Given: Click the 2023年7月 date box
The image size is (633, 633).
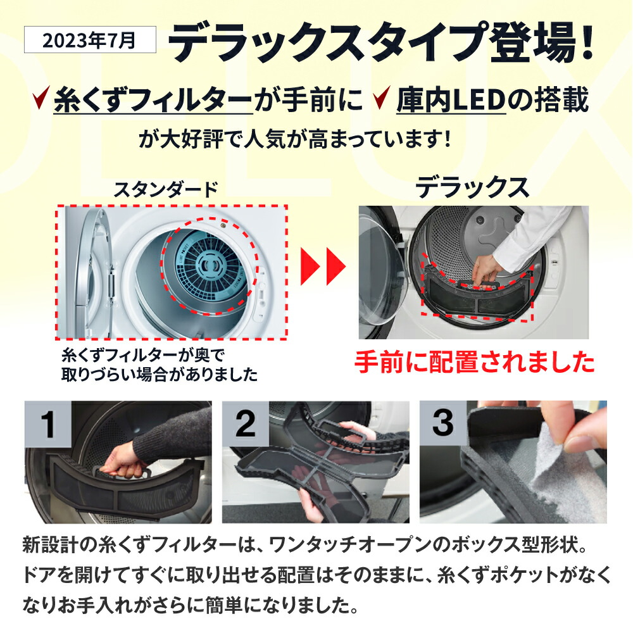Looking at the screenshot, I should (89, 42).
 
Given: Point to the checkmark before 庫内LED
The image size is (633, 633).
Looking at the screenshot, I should (380, 99).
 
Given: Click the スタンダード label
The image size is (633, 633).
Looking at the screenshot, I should (166, 189).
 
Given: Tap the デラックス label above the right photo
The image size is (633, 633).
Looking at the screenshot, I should (472, 188).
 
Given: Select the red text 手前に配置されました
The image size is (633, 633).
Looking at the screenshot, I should (474, 363).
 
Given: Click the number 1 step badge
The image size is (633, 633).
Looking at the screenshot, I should (49, 425).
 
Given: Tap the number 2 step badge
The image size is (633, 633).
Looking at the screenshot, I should (245, 425).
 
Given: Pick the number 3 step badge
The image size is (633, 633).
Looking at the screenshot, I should (442, 425).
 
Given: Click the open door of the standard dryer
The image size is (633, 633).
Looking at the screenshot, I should (95, 272).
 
